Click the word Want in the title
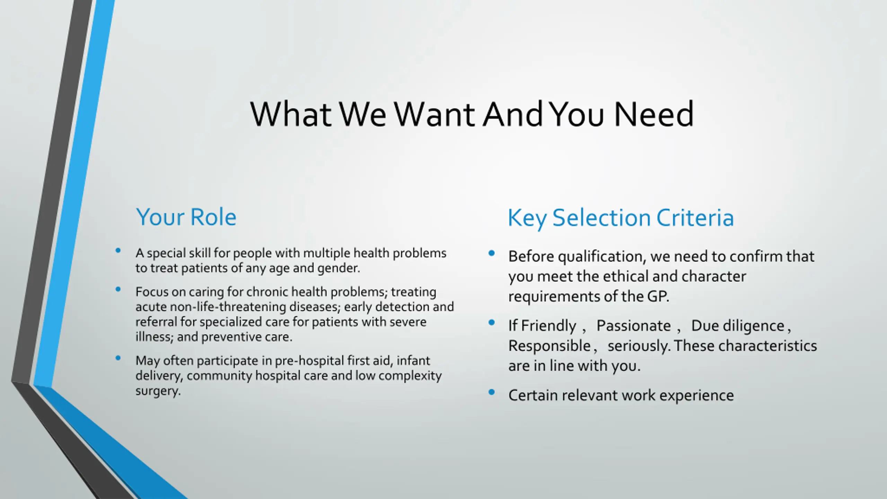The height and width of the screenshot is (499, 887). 435,114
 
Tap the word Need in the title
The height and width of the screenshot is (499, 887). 654,114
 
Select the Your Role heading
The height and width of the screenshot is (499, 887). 186,217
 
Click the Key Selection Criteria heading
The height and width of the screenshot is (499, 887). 621,218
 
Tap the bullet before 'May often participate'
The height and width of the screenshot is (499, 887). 118,358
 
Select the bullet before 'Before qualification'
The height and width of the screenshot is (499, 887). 491,253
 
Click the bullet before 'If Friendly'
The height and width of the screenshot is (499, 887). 491,323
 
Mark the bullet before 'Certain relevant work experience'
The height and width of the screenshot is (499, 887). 491,392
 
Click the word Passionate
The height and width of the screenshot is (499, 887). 633,326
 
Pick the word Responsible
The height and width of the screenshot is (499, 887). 549,346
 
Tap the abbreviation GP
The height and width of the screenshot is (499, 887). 657,297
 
